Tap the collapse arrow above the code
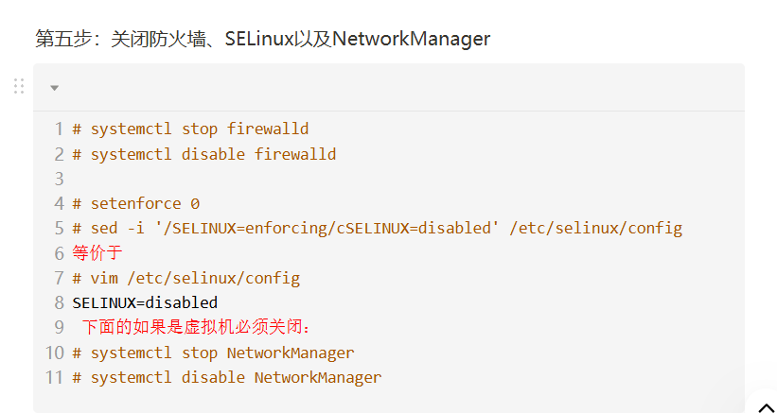(x=54, y=88)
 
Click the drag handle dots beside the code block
(x=19, y=86)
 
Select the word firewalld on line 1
(x=268, y=129)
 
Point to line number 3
(x=59, y=179)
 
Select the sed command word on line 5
(x=104, y=228)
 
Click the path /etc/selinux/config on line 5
(x=595, y=228)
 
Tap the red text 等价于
(x=97, y=253)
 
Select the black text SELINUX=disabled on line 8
(x=145, y=302)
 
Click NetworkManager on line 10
(x=291, y=353)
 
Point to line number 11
(x=54, y=377)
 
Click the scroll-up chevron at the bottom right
(x=767, y=407)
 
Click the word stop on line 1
(x=200, y=129)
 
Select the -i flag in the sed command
(x=135, y=228)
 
